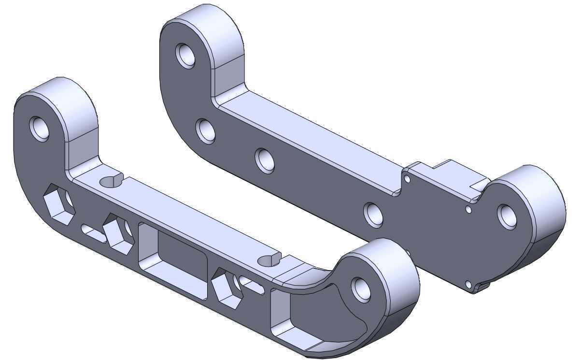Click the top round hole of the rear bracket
click(185, 55)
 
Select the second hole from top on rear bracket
click(206, 130)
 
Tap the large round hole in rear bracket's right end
click(507, 216)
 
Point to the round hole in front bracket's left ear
click(40, 129)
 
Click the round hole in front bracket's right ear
click(361, 289)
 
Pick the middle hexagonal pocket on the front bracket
click(118, 233)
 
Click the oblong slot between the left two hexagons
click(93, 233)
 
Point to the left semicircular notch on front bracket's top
click(112, 181)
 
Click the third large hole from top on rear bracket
click(265, 160)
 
